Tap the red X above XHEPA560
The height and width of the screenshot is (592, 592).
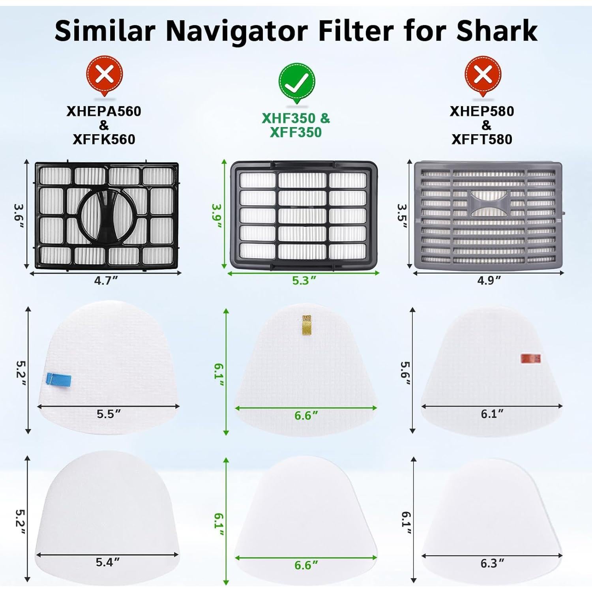(x=105, y=75)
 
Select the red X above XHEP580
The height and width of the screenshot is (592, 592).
(x=483, y=75)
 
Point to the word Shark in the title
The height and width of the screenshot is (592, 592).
(x=497, y=30)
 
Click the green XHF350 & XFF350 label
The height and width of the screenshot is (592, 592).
(x=296, y=125)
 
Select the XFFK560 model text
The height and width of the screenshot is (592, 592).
(x=104, y=139)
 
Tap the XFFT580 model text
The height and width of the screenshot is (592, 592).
(x=482, y=139)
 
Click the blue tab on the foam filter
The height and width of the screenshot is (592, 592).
(x=58, y=379)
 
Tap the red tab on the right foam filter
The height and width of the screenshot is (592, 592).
(x=530, y=358)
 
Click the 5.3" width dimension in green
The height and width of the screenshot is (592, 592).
(x=304, y=280)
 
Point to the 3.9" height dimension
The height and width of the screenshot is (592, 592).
(x=217, y=215)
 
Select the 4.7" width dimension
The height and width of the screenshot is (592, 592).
(x=106, y=280)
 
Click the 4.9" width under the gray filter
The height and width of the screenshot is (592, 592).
(x=489, y=280)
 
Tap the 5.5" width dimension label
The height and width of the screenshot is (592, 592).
(x=109, y=414)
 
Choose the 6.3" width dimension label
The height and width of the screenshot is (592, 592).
(x=492, y=563)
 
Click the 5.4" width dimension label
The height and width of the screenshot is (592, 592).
(x=107, y=562)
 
